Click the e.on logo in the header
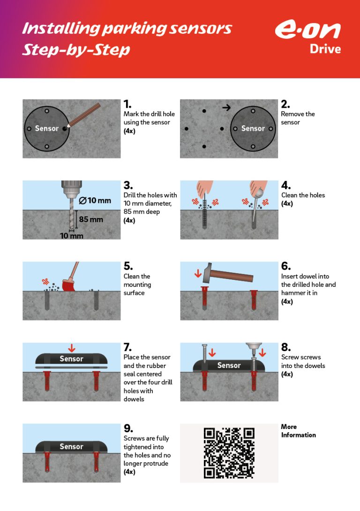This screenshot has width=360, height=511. (307, 30)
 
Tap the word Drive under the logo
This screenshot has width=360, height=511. (325, 49)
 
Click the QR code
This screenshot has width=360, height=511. (229, 453)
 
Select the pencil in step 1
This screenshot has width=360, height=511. (84, 114)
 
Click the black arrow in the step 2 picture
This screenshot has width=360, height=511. (227, 107)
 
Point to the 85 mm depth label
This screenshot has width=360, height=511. (91, 219)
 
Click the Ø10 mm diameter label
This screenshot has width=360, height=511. (95, 201)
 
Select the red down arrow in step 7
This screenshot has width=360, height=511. (72, 348)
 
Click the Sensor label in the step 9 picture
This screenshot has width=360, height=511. (71, 447)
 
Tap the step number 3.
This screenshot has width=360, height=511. (128, 185)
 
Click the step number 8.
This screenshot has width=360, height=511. (286, 347)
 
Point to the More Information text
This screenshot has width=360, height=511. (298, 431)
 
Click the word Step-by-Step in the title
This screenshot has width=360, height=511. (76, 50)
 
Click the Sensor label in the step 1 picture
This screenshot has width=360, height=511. (47, 128)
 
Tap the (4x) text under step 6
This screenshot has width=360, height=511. (287, 302)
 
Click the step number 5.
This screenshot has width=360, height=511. (128, 266)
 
